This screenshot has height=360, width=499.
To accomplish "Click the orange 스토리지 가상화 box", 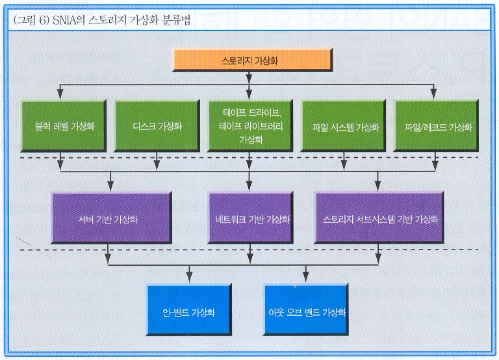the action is click(252, 60).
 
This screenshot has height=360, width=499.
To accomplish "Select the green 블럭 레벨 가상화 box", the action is click(64, 126).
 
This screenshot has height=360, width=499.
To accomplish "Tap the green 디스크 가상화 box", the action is click(157, 126).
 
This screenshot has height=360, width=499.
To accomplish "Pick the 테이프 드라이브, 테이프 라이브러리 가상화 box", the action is click(250, 126).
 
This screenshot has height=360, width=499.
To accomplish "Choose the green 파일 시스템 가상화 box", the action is click(343, 126).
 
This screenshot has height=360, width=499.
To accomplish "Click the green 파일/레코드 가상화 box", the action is click(437, 126).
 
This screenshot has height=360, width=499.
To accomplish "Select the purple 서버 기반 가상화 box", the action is click(111, 218).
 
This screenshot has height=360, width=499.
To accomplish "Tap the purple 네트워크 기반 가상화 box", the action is click(250, 218).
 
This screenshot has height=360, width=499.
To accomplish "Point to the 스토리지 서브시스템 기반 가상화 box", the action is click(379, 218).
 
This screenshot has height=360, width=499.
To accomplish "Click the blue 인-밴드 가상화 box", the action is click(189, 310).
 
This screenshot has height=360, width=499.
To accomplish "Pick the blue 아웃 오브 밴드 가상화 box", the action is click(306, 310).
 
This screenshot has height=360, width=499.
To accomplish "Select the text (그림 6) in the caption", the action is click(31, 20).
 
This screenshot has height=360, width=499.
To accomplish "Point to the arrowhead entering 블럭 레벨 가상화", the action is click(60, 95).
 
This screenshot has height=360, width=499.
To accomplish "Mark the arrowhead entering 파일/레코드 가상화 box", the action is click(433, 95).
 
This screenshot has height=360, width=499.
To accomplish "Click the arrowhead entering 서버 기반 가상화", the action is click(110, 187).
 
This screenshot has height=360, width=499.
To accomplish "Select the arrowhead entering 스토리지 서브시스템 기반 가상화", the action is click(377, 187).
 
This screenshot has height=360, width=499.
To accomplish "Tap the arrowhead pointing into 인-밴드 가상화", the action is click(189, 279).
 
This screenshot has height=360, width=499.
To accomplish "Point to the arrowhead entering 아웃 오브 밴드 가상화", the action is click(306, 279).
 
